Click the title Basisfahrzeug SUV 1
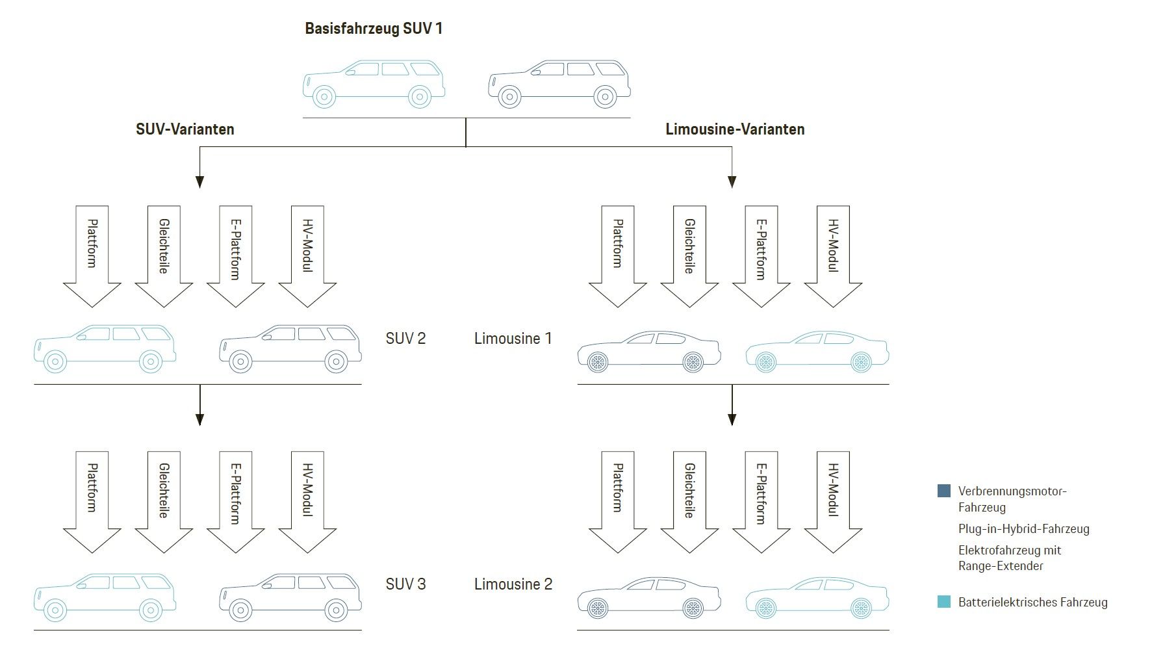point(374,29)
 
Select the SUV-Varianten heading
point(185,129)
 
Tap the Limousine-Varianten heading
point(735,129)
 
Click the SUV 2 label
point(405,339)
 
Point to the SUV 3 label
point(405,584)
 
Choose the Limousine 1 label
point(513,339)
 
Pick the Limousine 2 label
point(513,584)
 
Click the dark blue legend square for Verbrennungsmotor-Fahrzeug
point(943,491)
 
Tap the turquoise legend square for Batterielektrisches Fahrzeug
point(943,602)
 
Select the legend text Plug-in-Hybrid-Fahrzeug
point(1023,529)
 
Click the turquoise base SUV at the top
point(374,83)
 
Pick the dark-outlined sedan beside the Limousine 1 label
point(648,351)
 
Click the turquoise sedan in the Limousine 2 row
point(817,597)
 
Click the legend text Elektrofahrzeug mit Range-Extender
point(1010,558)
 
